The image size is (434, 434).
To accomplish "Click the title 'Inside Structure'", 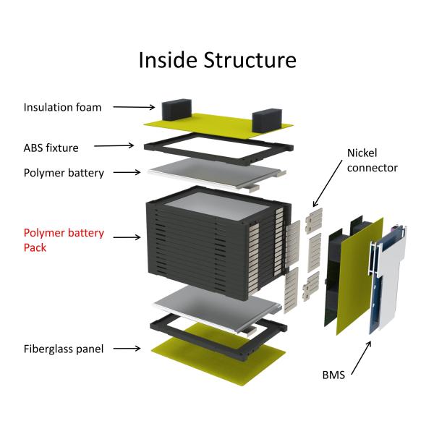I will pyautogui.click(x=217, y=59).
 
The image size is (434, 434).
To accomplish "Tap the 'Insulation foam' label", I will pyautogui.click(x=62, y=107).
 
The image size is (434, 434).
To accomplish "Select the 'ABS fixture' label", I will pyautogui.click(x=51, y=148).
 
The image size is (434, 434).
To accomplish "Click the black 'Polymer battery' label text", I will pyautogui.click(x=64, y=173).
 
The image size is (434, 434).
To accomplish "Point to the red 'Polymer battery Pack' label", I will pyautogui.click(x=64, y=240).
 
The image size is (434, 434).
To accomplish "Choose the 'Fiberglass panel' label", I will pyautogui.click(x=63, y=349).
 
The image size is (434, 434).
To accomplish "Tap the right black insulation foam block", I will pyautogui.click(x=265, y=119).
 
